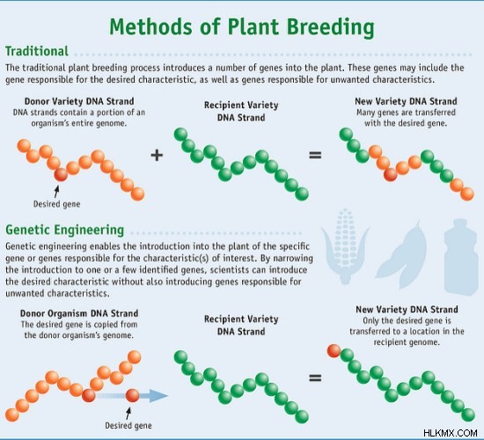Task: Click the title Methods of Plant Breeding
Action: pyautogui.click(x=242, y=27)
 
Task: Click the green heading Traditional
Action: pyautogui.click(x=37, y=51)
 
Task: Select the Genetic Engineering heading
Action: pyautogui.click(x=65, y=230)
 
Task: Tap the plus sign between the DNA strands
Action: pyautogui.click(x=157, y=155)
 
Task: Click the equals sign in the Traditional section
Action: pyautogui.click(x=315, y=155)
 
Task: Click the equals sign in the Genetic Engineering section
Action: pyautogui.click(x=315, y=378)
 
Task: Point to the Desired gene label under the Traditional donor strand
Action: pyautogui.click(x=57, y=204)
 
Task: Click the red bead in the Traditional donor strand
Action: pyautogui.click(x=61, y=175)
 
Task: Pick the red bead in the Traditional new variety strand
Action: pyautogui.click(x=391, y=175)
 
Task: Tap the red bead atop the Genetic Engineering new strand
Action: pyautogui.click(x=334, y=351)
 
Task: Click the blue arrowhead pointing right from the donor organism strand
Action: pyautogui.click(x=158, y=395)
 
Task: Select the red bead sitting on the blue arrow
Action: pyautogui.click(x=132, y=395)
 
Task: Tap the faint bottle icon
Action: pyautogui.click(x=461, y=257)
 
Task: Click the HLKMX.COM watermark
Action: pyautogui.click(x=451, y=433)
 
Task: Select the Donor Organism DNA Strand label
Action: pyautogui.click(x=79, y=313)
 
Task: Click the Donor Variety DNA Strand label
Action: pyautogui.click(x=79, y=101)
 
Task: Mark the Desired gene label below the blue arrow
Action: pyautogui.click(x=128, y=426)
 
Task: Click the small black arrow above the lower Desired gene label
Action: pyautogui.click(x=128, y=413)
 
